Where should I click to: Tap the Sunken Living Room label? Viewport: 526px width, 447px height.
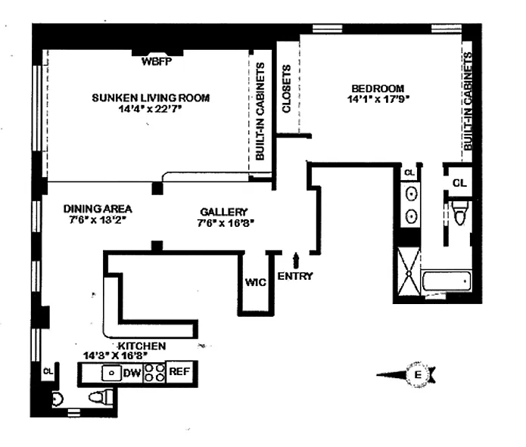(x=150, y=98)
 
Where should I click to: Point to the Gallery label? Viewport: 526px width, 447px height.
(x=224, y=211)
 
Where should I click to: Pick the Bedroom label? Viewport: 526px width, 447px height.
(x=376, y=87)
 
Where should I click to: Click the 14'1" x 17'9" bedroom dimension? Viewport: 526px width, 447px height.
(x=377, y=98)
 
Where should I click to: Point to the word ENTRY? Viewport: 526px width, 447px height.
(x=294, y=277)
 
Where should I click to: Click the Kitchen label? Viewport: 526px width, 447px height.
(x=141, y=345)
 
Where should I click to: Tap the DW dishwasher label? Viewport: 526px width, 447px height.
(x=132, y=372)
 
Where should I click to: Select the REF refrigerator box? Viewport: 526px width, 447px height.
(x=179, y=371)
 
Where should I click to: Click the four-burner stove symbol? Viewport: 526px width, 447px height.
(x=154, y=372)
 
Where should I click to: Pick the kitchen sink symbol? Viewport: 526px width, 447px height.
(x=110, y=372)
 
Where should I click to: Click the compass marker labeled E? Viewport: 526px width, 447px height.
(x=415, y=374)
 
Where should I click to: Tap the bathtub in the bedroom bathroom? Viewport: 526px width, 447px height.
(x=446, y=283)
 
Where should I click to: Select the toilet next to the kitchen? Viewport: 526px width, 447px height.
(x=100, y=396)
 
